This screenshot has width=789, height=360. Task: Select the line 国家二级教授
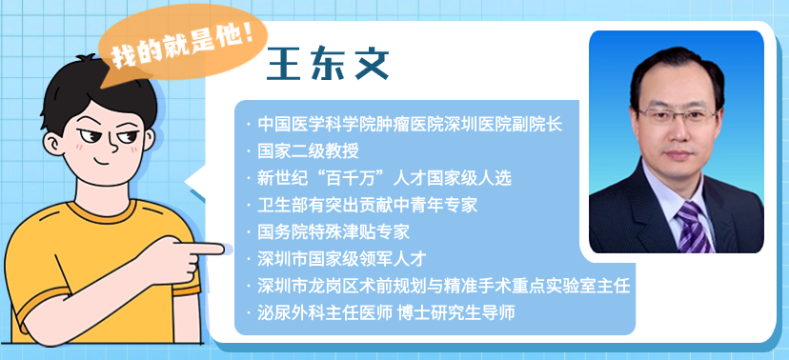pos(308,150)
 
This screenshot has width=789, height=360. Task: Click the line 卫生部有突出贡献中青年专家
pos(367,205)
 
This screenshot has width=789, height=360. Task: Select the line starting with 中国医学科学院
pos(411,124)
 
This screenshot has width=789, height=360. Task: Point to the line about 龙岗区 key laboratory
pos(444,285)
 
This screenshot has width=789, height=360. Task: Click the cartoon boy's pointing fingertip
pos(225,250)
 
